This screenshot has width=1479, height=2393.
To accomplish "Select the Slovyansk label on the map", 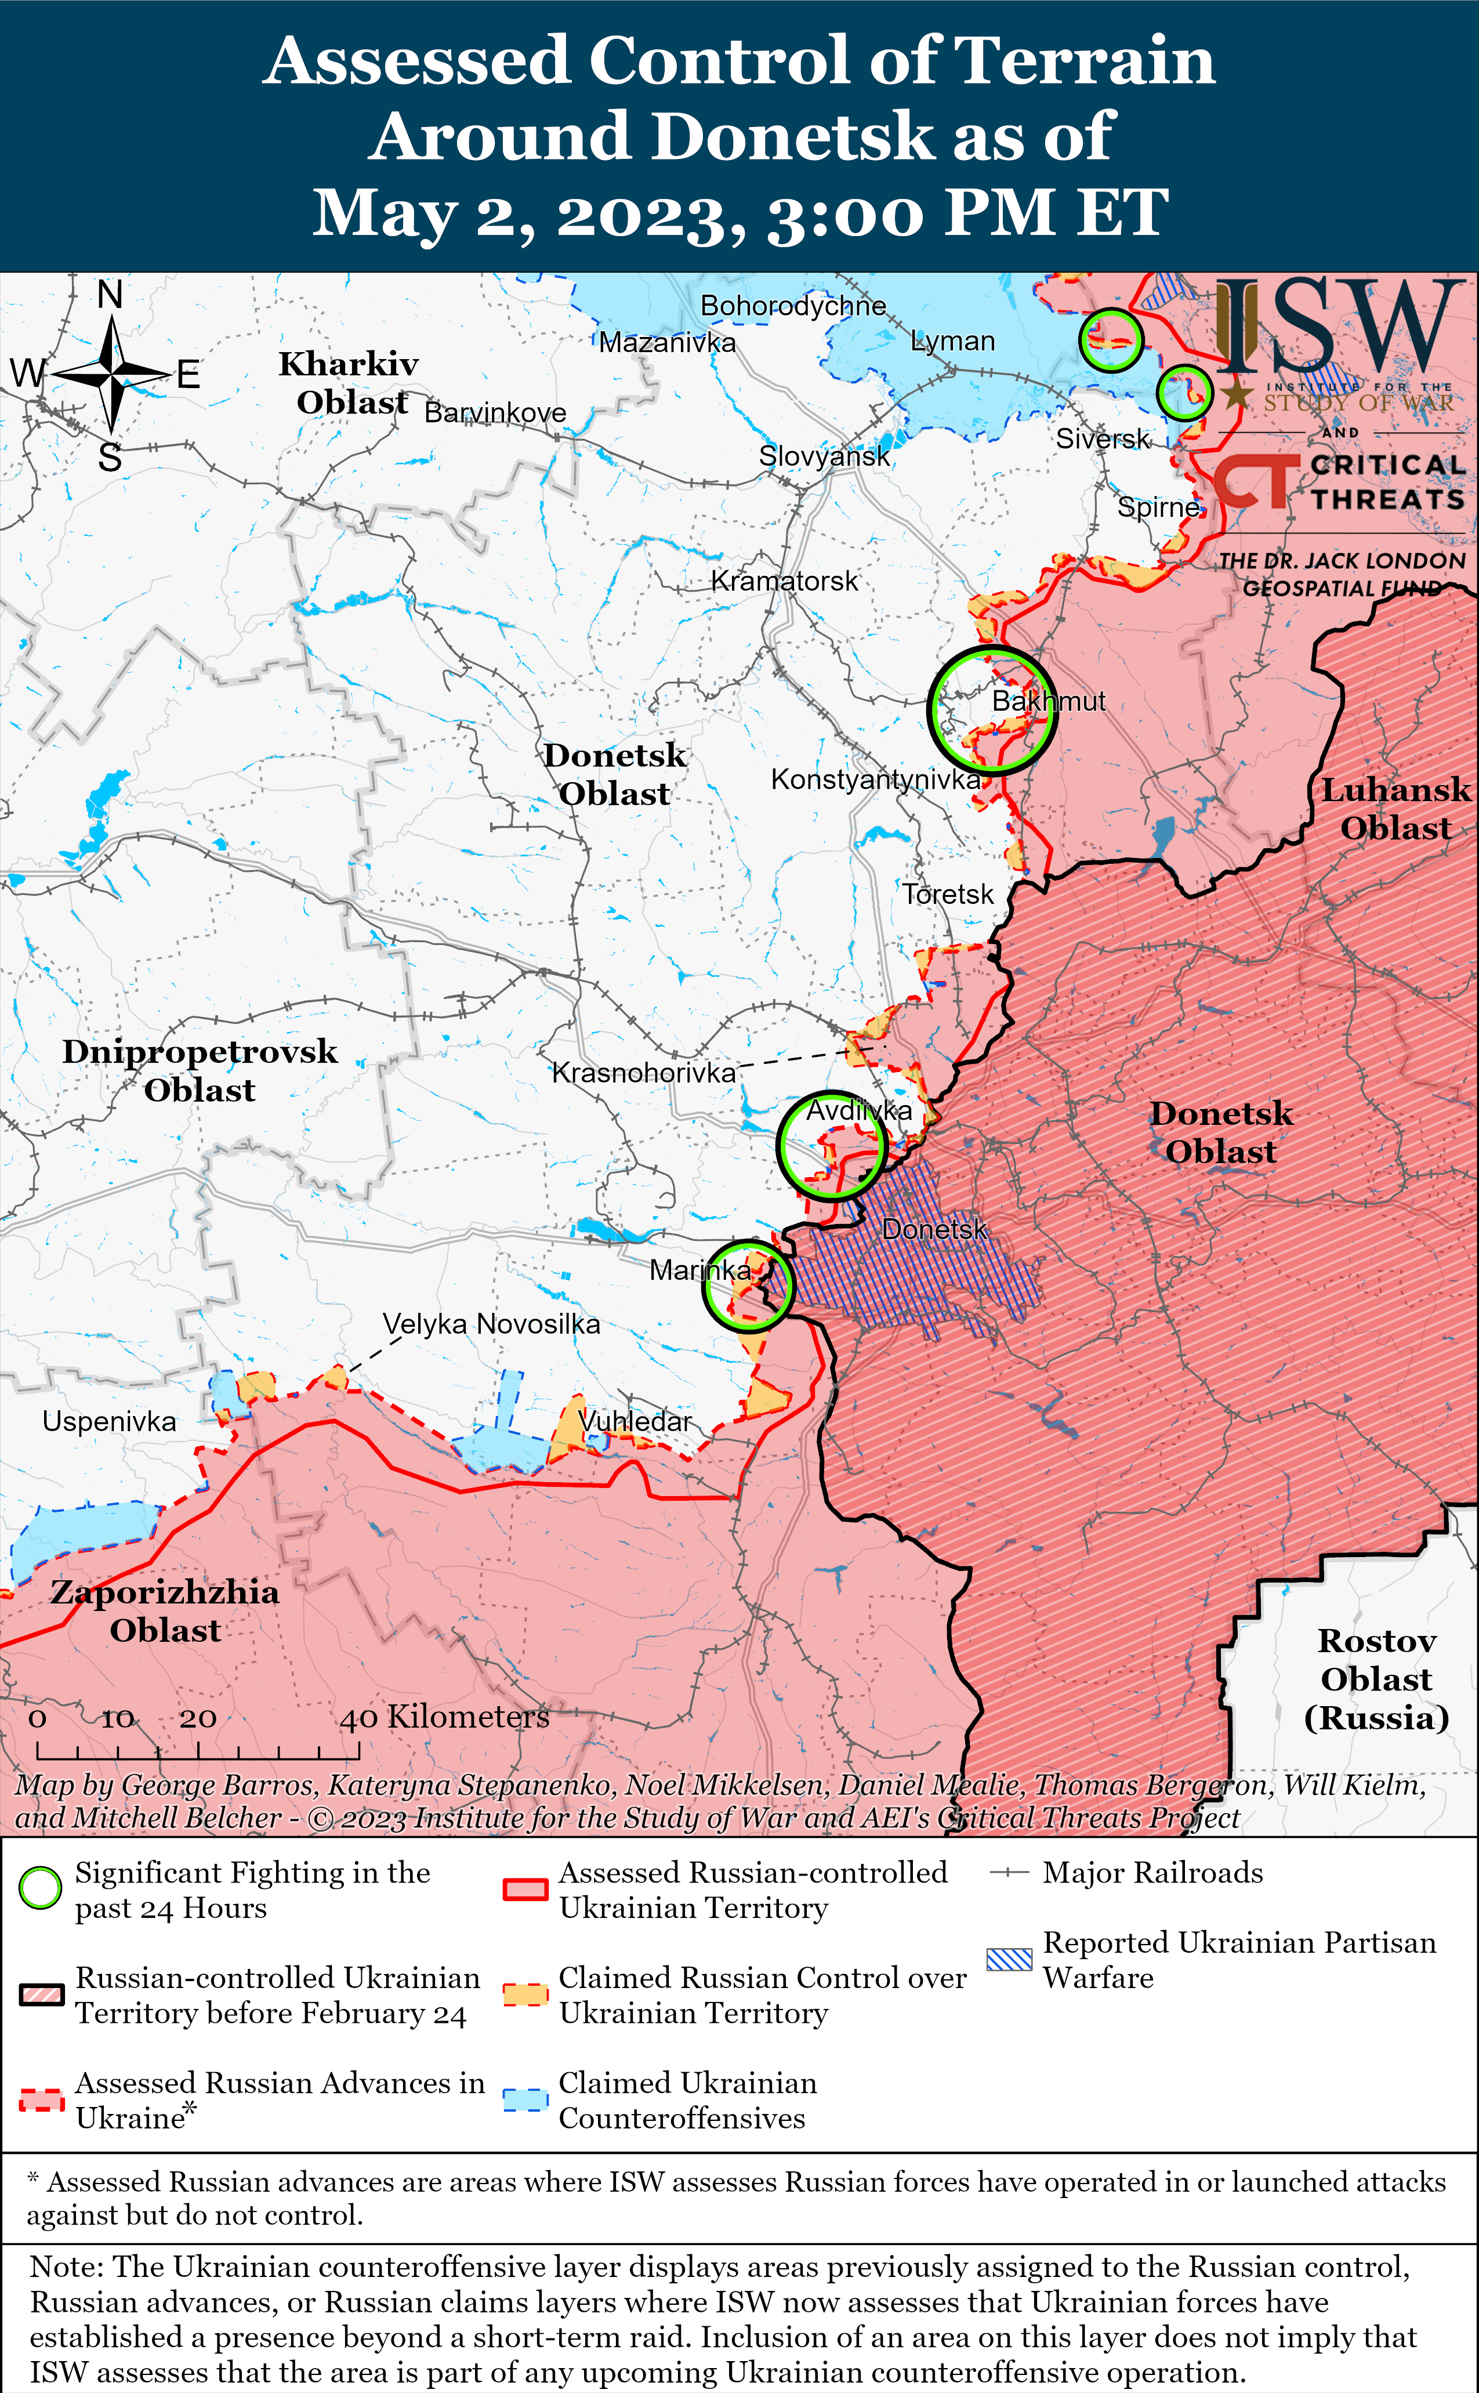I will [x=825, y=456].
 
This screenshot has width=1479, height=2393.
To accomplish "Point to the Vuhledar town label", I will [x=635, y=1421].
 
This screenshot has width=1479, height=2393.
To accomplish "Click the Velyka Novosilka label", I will [x=491, y=1324].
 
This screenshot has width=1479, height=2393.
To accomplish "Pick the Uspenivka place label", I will [x=110, y=1421].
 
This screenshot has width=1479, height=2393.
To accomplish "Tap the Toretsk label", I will [x=947, y=894].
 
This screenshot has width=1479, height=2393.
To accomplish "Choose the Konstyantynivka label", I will [x=875, y=780].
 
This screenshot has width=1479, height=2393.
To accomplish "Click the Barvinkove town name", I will [x=495, y=413].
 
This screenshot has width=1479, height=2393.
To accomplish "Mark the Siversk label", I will [x=1103, y=439].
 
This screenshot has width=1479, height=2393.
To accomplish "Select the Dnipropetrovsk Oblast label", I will [x=200, y=1070].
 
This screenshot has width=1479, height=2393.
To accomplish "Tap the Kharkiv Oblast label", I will [x=349, y=382].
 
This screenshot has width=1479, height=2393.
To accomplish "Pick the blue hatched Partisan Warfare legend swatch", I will [x=1009, y=1958].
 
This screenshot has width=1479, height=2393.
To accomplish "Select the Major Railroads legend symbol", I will [x=1009, y=1873].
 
